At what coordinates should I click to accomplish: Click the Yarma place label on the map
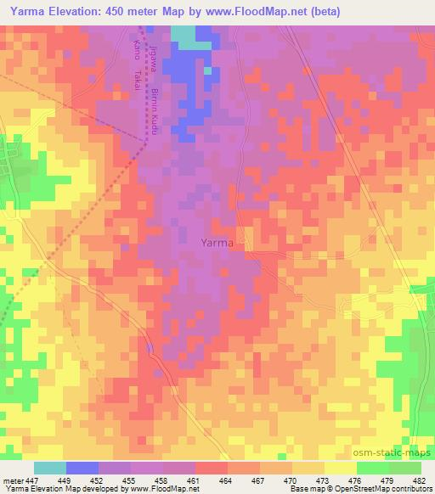217,243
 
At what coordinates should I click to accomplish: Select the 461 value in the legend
195,480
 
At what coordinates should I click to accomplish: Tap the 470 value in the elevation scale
291,480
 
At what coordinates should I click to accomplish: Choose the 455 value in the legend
130,480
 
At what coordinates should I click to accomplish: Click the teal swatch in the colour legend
50,468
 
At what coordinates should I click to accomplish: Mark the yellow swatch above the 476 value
340,468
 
